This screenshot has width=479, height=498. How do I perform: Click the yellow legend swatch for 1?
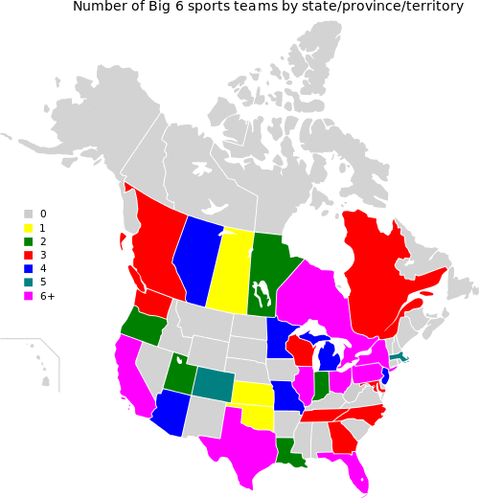point(29,228)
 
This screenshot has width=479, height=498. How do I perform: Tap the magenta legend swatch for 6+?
point(29,296)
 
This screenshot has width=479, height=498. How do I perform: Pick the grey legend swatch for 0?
point(29,214)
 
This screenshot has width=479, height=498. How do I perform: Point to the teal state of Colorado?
point(212,382)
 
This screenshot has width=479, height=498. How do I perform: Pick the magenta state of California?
point(132,373)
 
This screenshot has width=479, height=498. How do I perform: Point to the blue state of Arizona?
point(171,410)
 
